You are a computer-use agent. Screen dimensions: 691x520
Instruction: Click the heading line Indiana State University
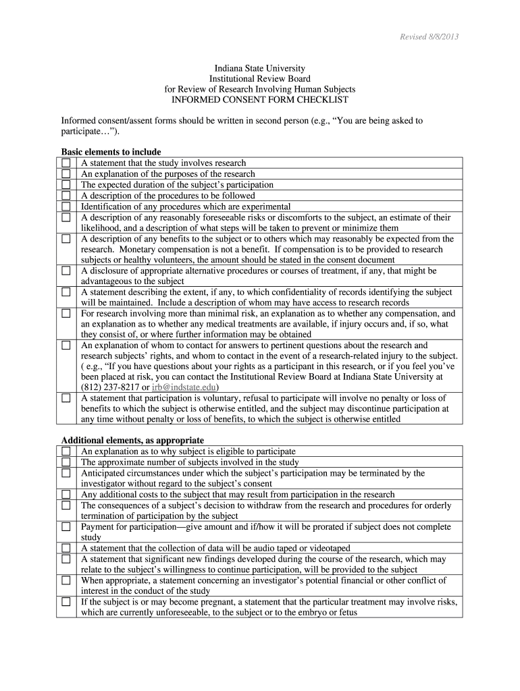tap(260, 69)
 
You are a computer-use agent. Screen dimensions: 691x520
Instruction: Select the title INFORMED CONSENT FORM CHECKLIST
tap(260, 99)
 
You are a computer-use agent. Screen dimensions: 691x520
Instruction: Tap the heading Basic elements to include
tap(111, 152)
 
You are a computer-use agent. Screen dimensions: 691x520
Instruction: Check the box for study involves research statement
tap(66, 163)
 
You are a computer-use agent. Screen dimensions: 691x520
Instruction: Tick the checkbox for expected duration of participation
tap(66, 185)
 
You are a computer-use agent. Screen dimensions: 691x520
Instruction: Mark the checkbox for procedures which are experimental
tap(66, 206)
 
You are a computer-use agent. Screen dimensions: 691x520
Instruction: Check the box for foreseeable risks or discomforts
tap(66, 217)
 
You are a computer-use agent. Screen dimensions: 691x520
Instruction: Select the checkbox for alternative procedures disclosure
tap(66, 271)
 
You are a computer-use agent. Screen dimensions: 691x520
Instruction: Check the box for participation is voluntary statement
tap(66, 398)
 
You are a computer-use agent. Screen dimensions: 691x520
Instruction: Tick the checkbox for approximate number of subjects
tap(66, 462)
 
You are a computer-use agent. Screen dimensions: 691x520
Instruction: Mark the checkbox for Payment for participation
tap(66, 526)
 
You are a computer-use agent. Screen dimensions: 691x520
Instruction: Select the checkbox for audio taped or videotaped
tap(66, 548)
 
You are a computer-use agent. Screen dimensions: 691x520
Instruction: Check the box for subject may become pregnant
tap(66, 602)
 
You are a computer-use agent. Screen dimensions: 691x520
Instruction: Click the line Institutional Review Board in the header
tap(260, 79)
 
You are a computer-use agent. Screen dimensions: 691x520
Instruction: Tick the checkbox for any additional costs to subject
tap(66, 495)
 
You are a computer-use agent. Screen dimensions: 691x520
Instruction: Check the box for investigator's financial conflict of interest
tap(66, 580)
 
